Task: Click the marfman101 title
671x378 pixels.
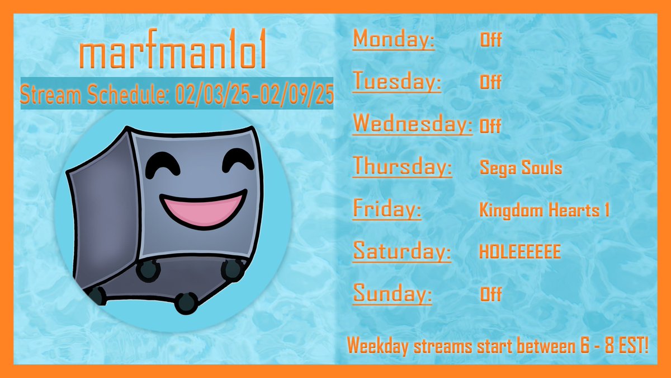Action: pos(172,54)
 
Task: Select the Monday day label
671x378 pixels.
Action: pos(394,40)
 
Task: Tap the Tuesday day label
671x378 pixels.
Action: pos(397,82)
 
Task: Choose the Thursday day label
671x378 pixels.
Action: pos(402,166)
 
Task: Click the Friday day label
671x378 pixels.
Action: pos(387,209)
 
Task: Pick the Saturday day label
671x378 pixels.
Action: pos(401,251)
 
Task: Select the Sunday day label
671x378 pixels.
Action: pos(393,293)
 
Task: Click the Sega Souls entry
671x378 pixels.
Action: pos(521,167)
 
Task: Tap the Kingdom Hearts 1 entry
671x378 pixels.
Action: pos(544,210)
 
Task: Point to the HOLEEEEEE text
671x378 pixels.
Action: pos(519,252)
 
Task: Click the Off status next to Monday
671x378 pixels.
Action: pos(490,40)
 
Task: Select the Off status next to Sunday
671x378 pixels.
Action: pos(490,294)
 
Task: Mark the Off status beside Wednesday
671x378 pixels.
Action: pos(490,126)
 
